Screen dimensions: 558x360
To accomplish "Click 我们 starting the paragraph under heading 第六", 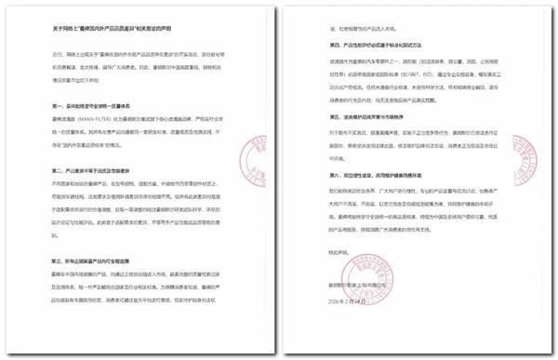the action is click(x=315, y=187).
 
